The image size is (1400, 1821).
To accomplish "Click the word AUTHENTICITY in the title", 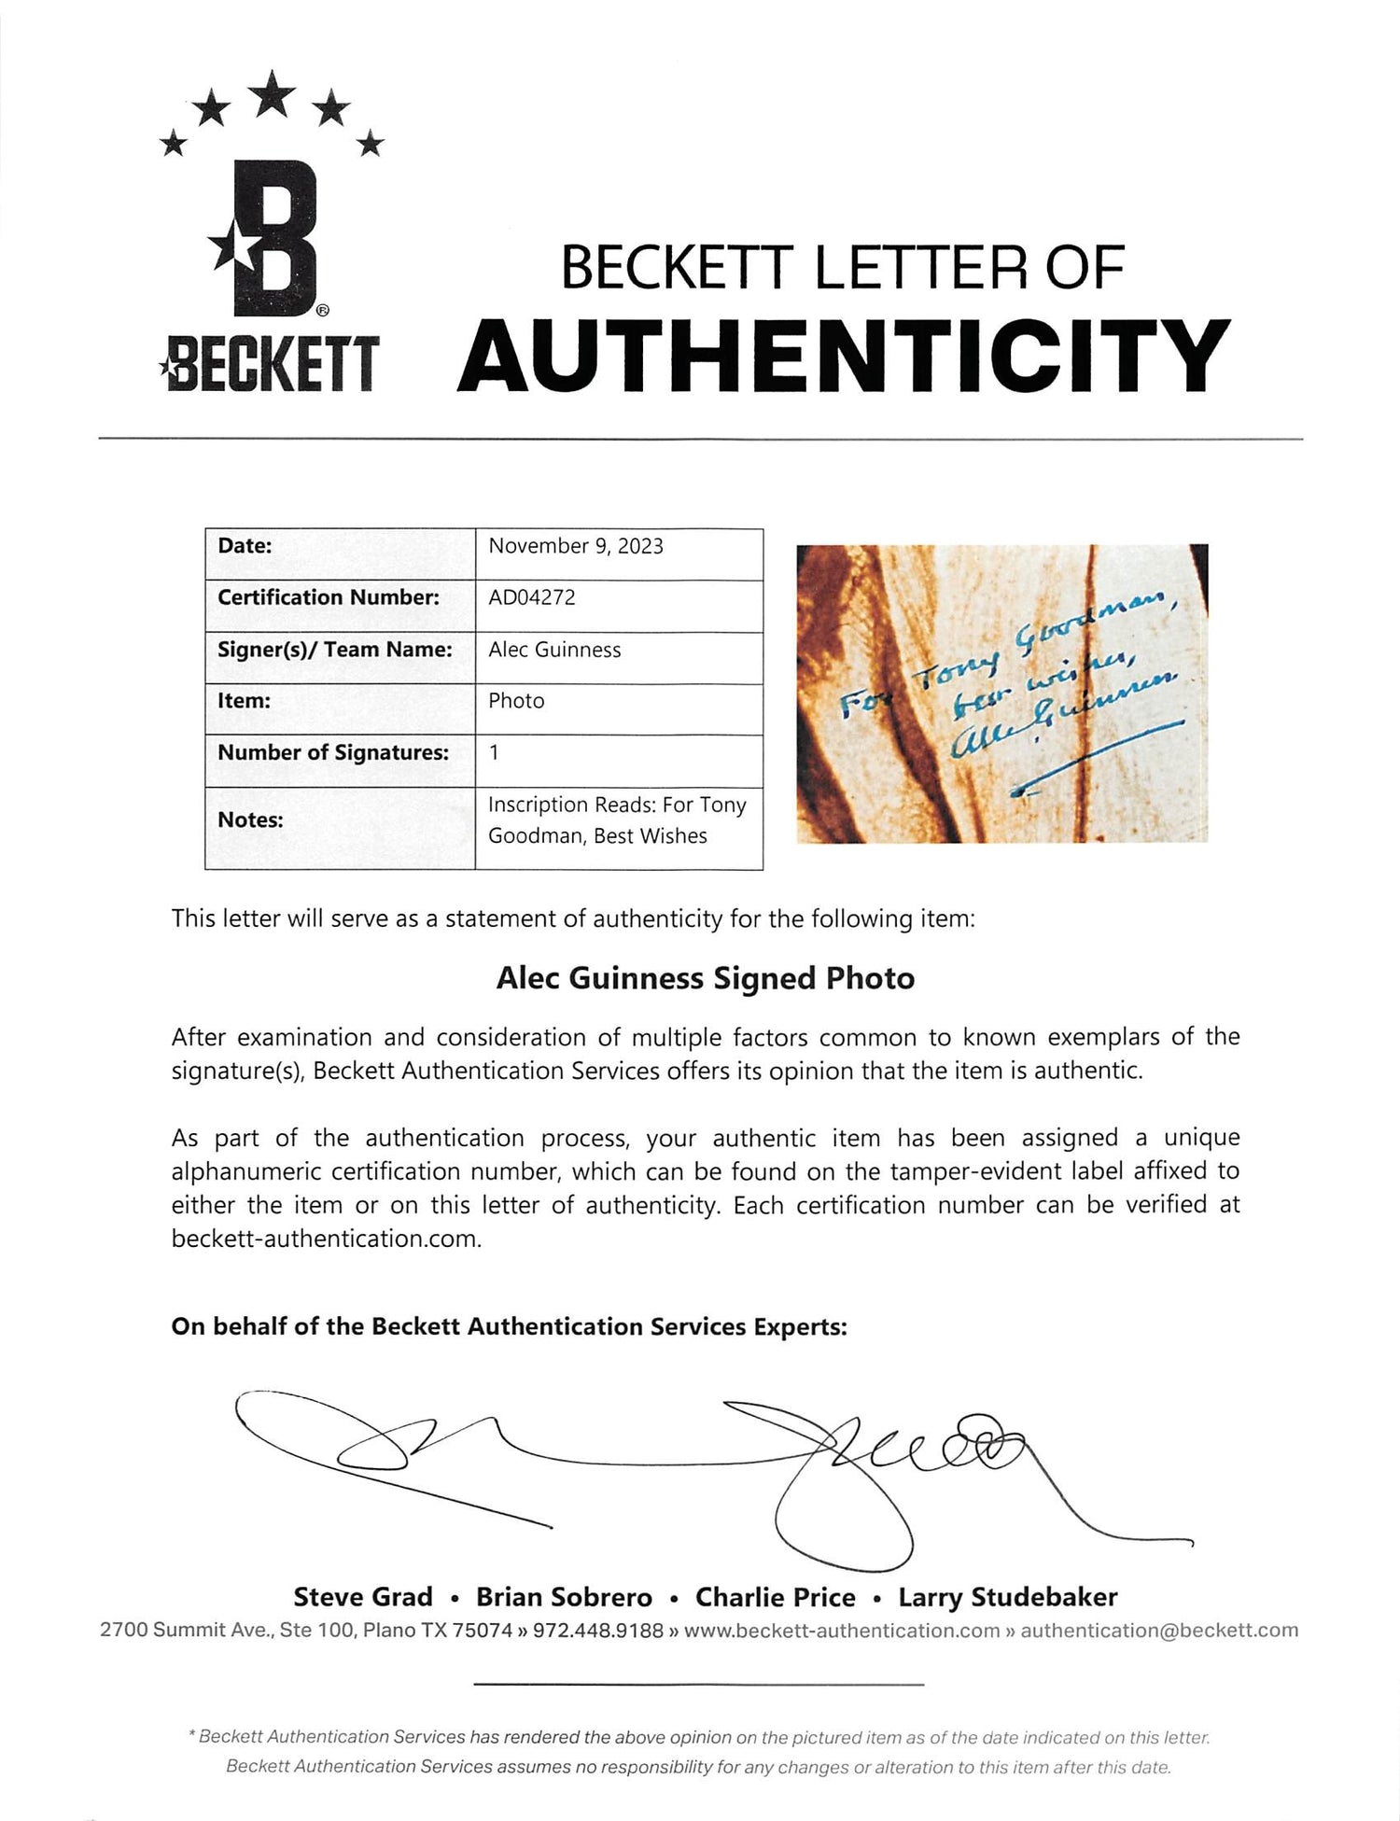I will [844, 356].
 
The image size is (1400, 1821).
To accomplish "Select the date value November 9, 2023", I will [576, 546].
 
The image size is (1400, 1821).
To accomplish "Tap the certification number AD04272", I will [532, 597].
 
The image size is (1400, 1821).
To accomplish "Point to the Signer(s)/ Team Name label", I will [334, 650].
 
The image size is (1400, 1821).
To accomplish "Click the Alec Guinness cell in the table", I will [554, 650].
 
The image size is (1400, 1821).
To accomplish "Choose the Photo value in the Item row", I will [516, 701].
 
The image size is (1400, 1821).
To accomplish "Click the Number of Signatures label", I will [333, 752].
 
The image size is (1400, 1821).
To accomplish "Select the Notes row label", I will [250, 819].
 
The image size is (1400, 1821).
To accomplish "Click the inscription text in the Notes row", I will [616, 819].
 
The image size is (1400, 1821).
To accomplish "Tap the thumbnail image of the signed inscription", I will [1001, 693].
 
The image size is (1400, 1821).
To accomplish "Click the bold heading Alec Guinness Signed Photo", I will [706, 978].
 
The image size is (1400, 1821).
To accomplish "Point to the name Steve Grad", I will [363, 1597].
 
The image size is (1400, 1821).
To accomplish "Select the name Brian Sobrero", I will [564, 1597].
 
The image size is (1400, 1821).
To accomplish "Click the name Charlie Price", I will [775, 1597].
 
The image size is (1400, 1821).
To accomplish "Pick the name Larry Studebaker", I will [1008, 1597].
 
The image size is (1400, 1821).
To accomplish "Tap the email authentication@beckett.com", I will [1159, 1630].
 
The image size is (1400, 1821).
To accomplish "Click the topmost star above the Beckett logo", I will [273, 93].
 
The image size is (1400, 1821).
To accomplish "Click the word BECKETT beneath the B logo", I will [271, 363].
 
